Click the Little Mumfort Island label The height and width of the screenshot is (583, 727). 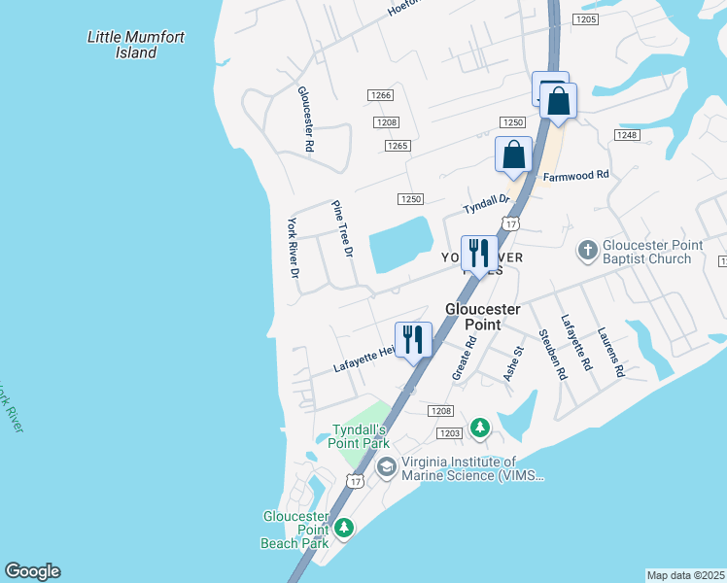(x=136, y=45)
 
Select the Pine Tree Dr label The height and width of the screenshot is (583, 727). (x=341, y=229)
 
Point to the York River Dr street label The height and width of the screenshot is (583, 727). (x=292, y=247)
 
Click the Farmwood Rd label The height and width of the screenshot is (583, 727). (x=575, y=176)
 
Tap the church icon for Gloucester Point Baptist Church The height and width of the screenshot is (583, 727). (x=587, y=251)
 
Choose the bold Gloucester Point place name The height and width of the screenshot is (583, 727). (x=484, y=317)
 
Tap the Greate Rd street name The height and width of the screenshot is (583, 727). (x=464, y=358)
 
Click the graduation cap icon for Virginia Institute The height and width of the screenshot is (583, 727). (x=386, y=468)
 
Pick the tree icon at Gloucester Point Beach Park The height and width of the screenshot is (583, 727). (x=343, y=528)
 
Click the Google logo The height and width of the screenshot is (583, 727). (x=32, y=571)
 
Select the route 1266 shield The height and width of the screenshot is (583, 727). (x=380, y=94)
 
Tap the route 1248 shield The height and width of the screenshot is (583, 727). (x=627, y=135)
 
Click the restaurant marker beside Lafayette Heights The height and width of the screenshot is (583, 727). (x=414, y=340)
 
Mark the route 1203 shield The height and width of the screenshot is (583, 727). (x=449, y=433)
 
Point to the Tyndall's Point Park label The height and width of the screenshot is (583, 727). (x=361, y=436)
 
